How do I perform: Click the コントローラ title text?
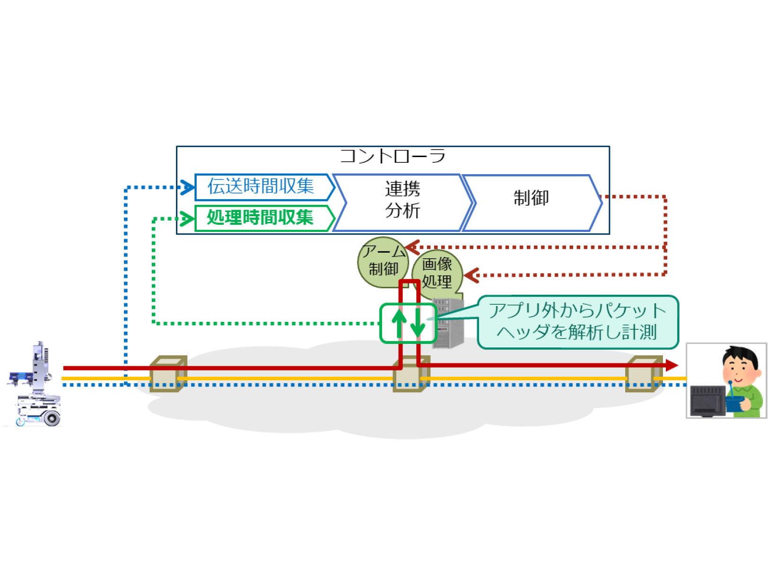(x=392, y=156)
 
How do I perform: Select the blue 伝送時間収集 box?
(x=262, y=187)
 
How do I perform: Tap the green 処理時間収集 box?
(x=262, y=218)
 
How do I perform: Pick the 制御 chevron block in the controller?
(x=532, y=198)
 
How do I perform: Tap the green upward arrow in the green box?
(x=399, y=324)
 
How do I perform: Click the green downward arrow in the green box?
(x=417, y=324)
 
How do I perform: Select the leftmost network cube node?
(x=167, y=374)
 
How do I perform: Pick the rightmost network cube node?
(x=643, y=374)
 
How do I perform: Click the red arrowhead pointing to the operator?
(x=671, y=365)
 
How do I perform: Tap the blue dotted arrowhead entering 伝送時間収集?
(x=188, y=187)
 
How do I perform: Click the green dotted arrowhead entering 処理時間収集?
(x=188, y=219)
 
